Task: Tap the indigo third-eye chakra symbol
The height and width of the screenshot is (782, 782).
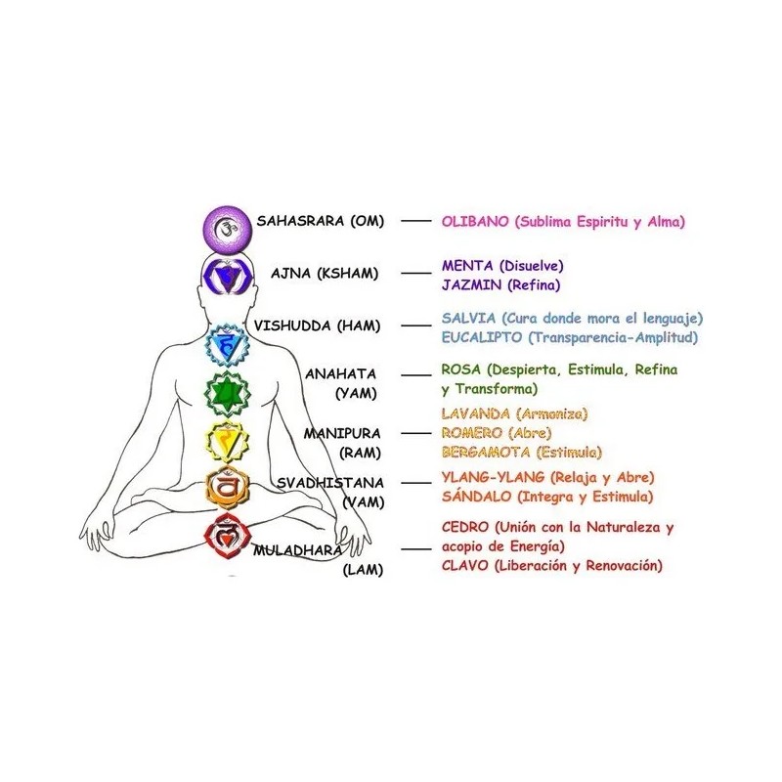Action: pyautogui.click(x=227, y=276)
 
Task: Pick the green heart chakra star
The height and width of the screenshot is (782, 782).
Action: pyautogui.click(x=222, y=393)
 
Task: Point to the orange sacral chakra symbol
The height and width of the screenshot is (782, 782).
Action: pyautogui.click(x=225, y=487)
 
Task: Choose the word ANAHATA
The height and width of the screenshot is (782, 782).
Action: pyautogui.click(x=340, y=373)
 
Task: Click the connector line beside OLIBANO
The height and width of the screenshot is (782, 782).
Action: pyautogui.click(x=417, y=222)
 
